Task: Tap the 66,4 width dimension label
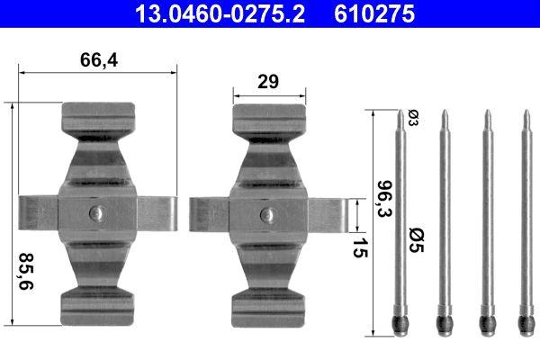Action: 99,61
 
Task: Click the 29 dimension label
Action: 266,81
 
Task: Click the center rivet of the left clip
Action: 98,213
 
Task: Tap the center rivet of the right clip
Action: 266,214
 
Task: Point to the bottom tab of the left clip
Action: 98,305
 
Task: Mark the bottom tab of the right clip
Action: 266,305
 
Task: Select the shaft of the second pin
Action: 443,216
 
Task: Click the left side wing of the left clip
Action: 38,213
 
